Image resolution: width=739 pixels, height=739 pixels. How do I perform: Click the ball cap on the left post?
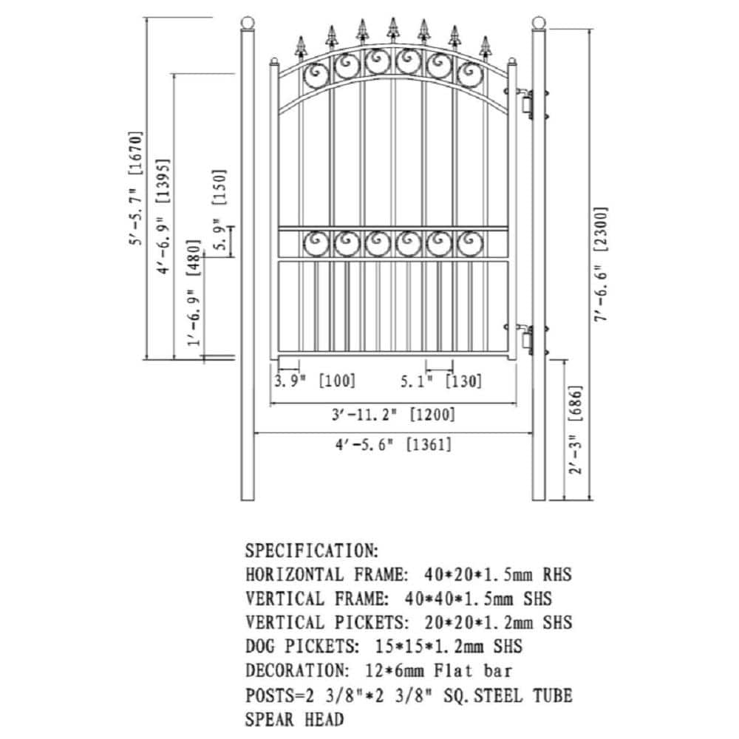point(248,23)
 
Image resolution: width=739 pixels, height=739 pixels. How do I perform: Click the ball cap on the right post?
point(539,23)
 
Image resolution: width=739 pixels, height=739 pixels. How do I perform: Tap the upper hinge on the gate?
point(526,103)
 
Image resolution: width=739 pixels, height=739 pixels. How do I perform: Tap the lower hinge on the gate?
point(526,340)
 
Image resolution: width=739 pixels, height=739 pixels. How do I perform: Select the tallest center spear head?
point(393,30)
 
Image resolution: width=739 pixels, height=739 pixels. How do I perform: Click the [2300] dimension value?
point(602,229)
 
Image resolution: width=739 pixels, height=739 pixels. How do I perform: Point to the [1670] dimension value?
point(134,154)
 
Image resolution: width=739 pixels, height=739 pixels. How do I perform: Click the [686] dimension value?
point(576,403)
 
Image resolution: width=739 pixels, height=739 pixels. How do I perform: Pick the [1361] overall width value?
point(429,444)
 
